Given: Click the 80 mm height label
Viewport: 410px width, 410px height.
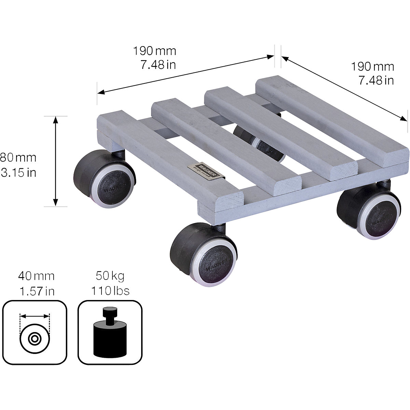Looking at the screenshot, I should coord(18,158).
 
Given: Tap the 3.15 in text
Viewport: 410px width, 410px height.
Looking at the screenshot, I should coord(18,173).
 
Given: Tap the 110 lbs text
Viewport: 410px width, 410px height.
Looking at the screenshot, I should coord(110,291).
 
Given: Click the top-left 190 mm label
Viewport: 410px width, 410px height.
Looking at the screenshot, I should coord(154,51).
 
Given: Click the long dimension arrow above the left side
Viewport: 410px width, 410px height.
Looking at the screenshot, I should coord(186,73).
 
